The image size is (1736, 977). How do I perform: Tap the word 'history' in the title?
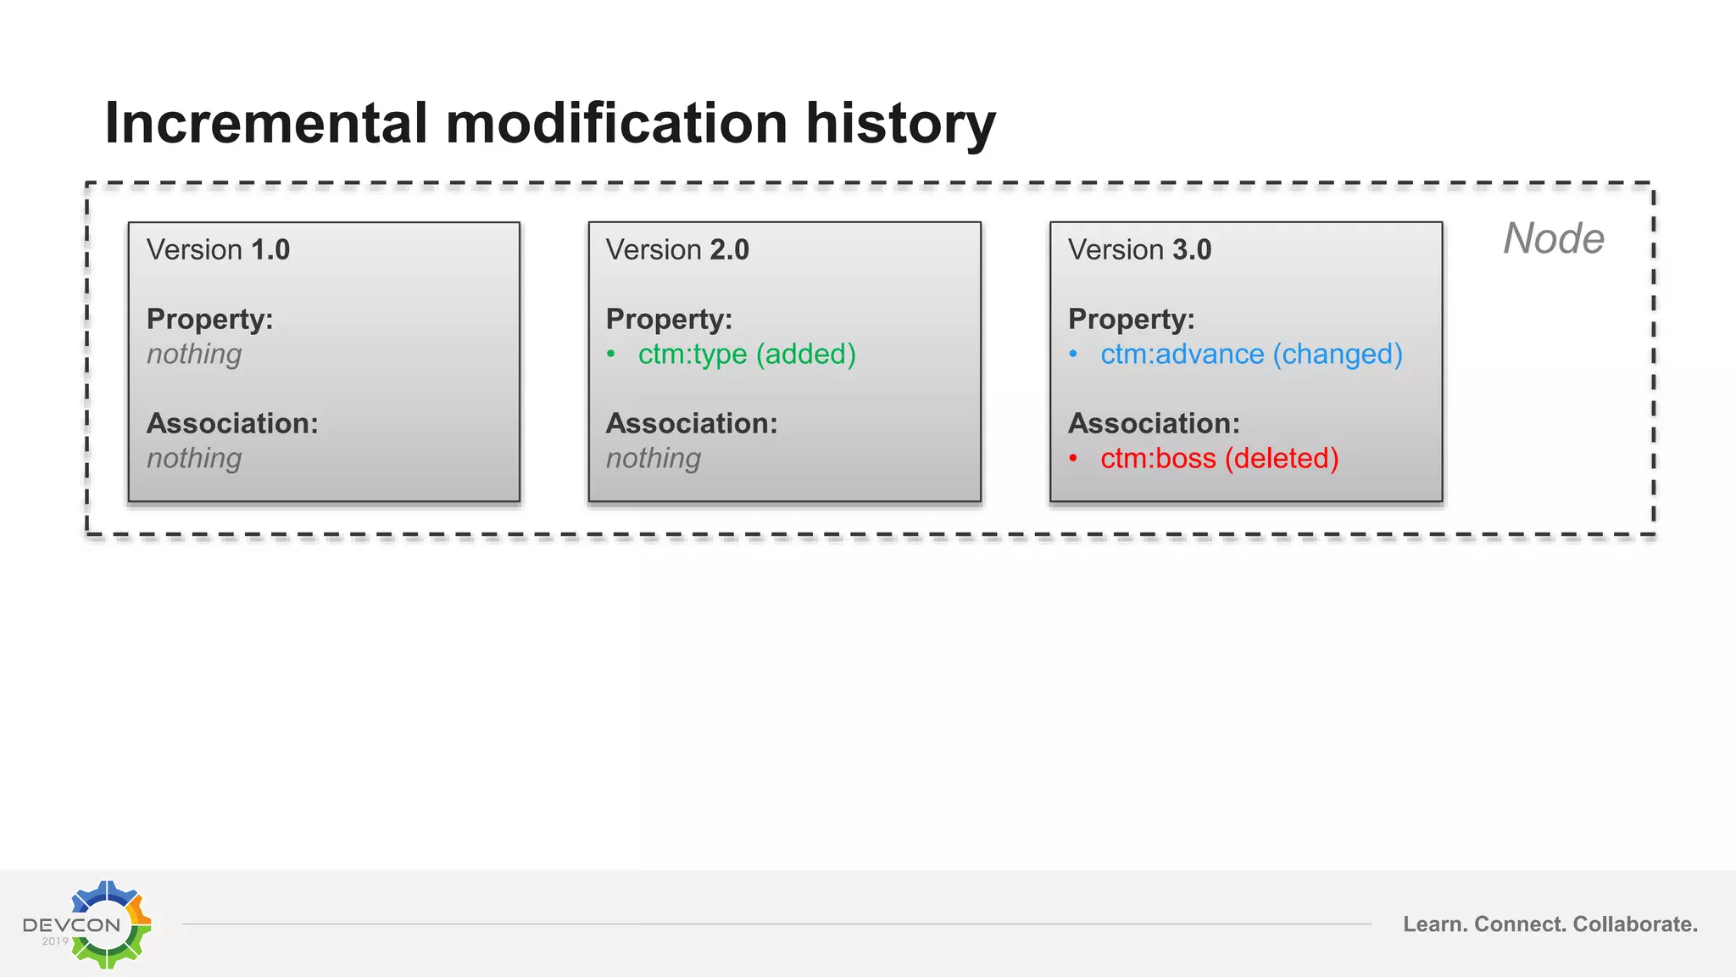coord(900,124)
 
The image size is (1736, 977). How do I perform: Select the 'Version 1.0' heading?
coord(218,250)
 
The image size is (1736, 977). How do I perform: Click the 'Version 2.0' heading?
coord(677,250)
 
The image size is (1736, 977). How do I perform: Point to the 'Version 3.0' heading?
coord(1139,250)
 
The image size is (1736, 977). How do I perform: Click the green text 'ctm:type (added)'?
coord(747,355)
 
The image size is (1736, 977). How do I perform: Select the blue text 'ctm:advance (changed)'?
coord(1251,355)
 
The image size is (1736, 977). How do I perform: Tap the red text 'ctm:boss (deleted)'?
coord(1219,459)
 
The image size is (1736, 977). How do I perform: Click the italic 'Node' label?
coord(1553,238)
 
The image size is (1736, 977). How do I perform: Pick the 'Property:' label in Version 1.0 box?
coord(209,320)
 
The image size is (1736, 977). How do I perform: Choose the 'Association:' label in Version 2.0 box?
coord(691,423)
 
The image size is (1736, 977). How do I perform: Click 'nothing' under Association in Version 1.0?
coord(194,459)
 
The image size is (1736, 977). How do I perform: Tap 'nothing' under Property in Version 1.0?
coord(194,355)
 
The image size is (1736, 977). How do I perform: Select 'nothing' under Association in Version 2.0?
coord(654,459)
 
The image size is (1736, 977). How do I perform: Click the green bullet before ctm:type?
coord(611,355)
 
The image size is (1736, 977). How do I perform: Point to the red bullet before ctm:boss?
coord(1073,459)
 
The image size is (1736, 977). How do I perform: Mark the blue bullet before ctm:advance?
coord(1073,355)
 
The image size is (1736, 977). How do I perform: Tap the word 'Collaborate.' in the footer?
coord(1635,924)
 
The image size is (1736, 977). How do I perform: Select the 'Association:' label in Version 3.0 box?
coord(1154,423)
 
